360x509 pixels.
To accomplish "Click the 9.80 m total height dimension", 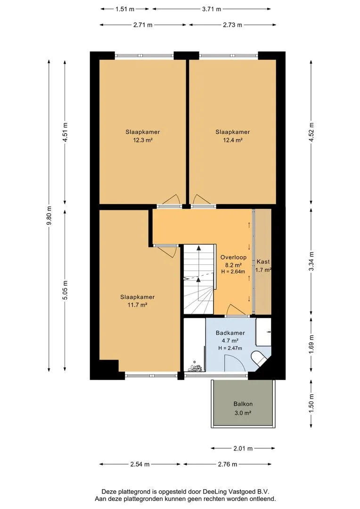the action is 49,216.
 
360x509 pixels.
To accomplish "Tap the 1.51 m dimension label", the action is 125,9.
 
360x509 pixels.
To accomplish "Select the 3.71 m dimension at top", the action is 211,9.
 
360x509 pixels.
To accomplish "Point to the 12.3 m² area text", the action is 142,140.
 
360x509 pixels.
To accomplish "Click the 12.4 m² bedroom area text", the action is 232,140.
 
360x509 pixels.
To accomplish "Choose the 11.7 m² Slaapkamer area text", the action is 137,305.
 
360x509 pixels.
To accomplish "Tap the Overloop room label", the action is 233,257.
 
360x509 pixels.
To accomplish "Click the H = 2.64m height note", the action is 233,272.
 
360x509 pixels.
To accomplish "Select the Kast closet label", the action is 263,262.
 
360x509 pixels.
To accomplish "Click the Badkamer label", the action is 230,333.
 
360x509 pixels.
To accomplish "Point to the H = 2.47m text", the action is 230,348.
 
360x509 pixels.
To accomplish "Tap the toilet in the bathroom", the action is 259,359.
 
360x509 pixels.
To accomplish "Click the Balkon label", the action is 243,404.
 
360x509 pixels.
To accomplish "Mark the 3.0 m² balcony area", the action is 243,413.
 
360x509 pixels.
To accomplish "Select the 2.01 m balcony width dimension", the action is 243,449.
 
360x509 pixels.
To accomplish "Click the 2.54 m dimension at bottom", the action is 140,464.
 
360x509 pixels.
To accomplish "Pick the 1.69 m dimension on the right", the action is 311,345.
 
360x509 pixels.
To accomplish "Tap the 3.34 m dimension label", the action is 311,261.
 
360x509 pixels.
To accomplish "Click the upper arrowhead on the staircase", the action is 198,248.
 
